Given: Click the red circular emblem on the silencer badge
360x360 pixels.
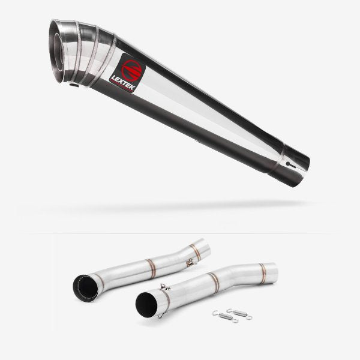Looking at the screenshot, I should point(131,70).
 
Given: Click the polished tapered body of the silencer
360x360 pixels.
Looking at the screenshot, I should point(204,114).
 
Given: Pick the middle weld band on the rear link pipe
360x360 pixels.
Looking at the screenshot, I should point(151,268).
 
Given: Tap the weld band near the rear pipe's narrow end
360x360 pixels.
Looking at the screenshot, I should point(196,252).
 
